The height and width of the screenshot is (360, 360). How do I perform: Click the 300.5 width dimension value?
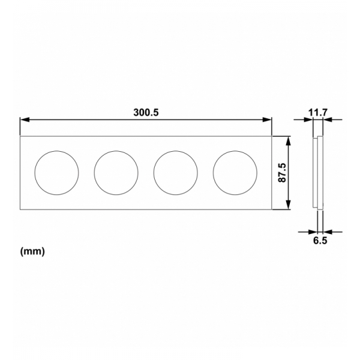click(x=146, y=112)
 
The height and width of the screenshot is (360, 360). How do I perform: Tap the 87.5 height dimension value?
click(x=282, y=173)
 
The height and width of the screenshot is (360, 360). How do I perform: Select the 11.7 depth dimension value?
click(x=318, y=112)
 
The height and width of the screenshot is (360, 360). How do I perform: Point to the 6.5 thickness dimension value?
click(x=319, y=241)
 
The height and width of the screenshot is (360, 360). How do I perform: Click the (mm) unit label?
click(x=33, y=251)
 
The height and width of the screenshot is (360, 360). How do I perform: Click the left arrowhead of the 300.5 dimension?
click(x=24, y=119)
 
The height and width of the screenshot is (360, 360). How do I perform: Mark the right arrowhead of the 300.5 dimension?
click(x=268, y=119)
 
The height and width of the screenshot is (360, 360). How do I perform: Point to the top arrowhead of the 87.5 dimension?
click(x=290, y=140)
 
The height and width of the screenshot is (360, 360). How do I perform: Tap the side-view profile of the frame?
click(x=318, y=173)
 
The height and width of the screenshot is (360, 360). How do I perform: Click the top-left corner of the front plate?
click(x=20, y=136)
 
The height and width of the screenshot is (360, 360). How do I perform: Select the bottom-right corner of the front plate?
click(x=272, y=209)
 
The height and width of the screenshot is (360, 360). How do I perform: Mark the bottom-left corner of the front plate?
click(x=20, y=209)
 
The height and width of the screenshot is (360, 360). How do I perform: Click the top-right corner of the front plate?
click(x=272, y=136)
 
